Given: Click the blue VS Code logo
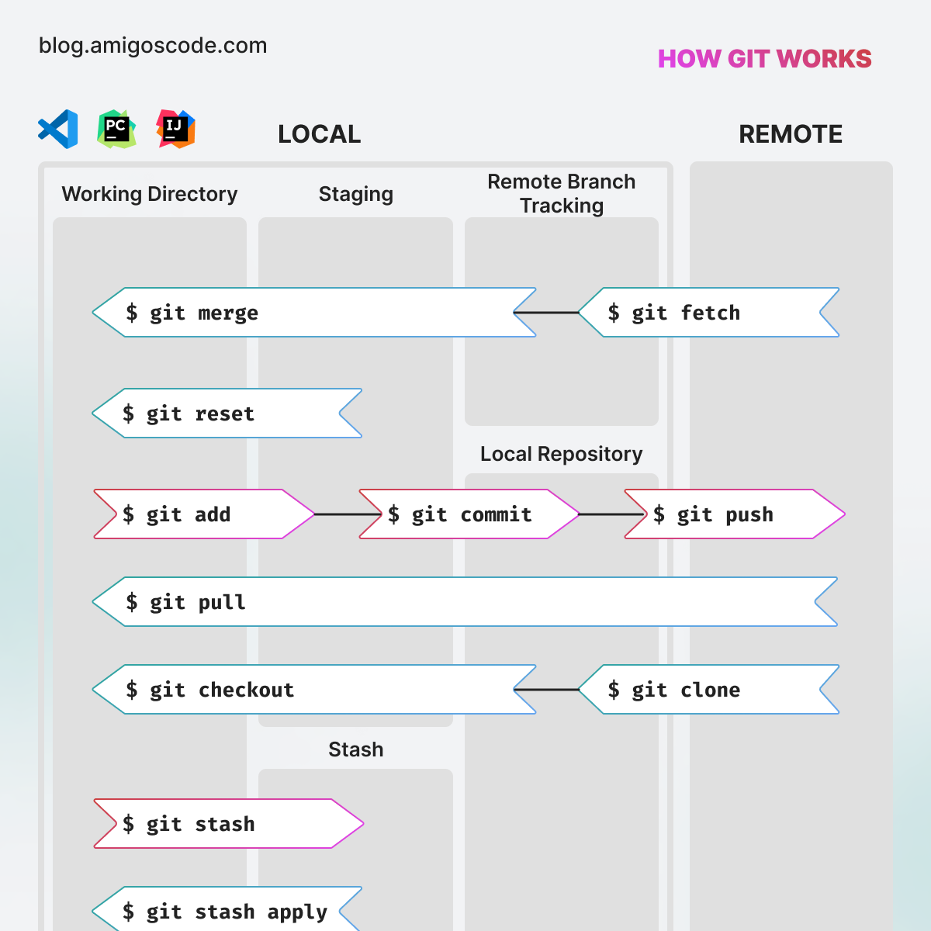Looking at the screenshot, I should [x=58, y=129].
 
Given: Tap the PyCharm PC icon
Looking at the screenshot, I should [x=116, y=129].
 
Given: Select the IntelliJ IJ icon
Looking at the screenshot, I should [x=175, y=129].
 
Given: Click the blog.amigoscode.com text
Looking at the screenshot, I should [x=153, y=46].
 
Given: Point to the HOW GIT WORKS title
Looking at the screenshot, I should [x=764, y=59].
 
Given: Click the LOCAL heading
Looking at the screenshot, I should [x=319, y=134].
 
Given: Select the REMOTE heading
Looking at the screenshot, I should [x=790, y=134].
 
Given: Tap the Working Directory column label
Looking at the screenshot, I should [x=150, y=194].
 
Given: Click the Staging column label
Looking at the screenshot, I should [x=355, y=194].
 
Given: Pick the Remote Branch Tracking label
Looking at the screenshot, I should [x=561, y=193].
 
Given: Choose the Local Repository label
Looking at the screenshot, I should [x=561, y=454].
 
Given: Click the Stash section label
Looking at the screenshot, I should [x=355, y=749].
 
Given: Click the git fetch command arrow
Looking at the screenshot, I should [x=708, y=313].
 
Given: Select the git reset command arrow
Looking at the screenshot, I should [x=227, y=414].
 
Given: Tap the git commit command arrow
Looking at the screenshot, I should [x=469, y=514].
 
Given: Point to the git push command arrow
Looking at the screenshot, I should [x=734, y=514].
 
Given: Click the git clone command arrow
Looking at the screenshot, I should [x=708, y=690].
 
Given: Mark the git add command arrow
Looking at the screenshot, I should [x=203, y=514].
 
